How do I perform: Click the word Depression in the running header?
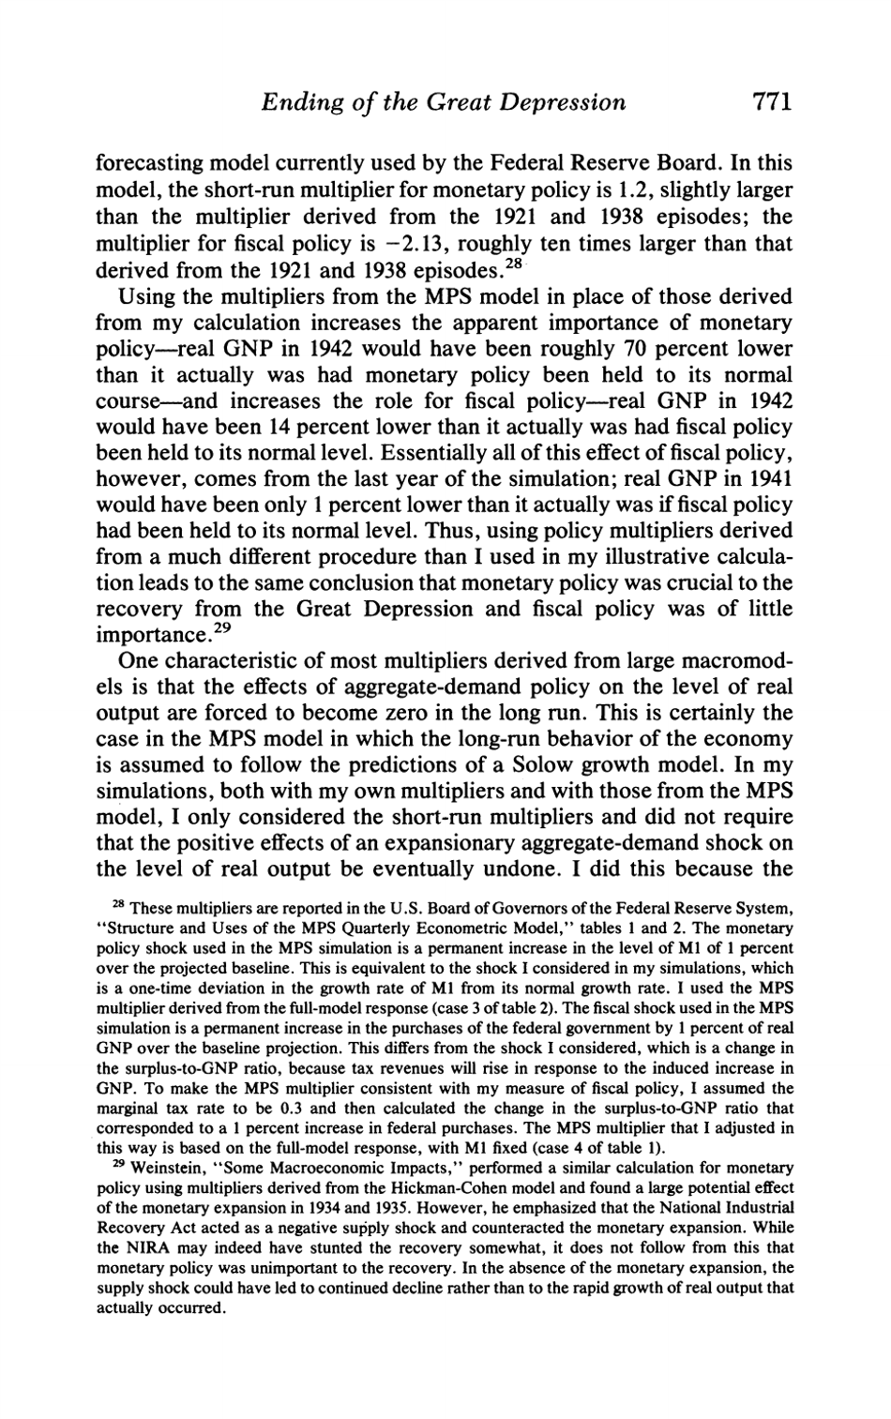tap(562, 100)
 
